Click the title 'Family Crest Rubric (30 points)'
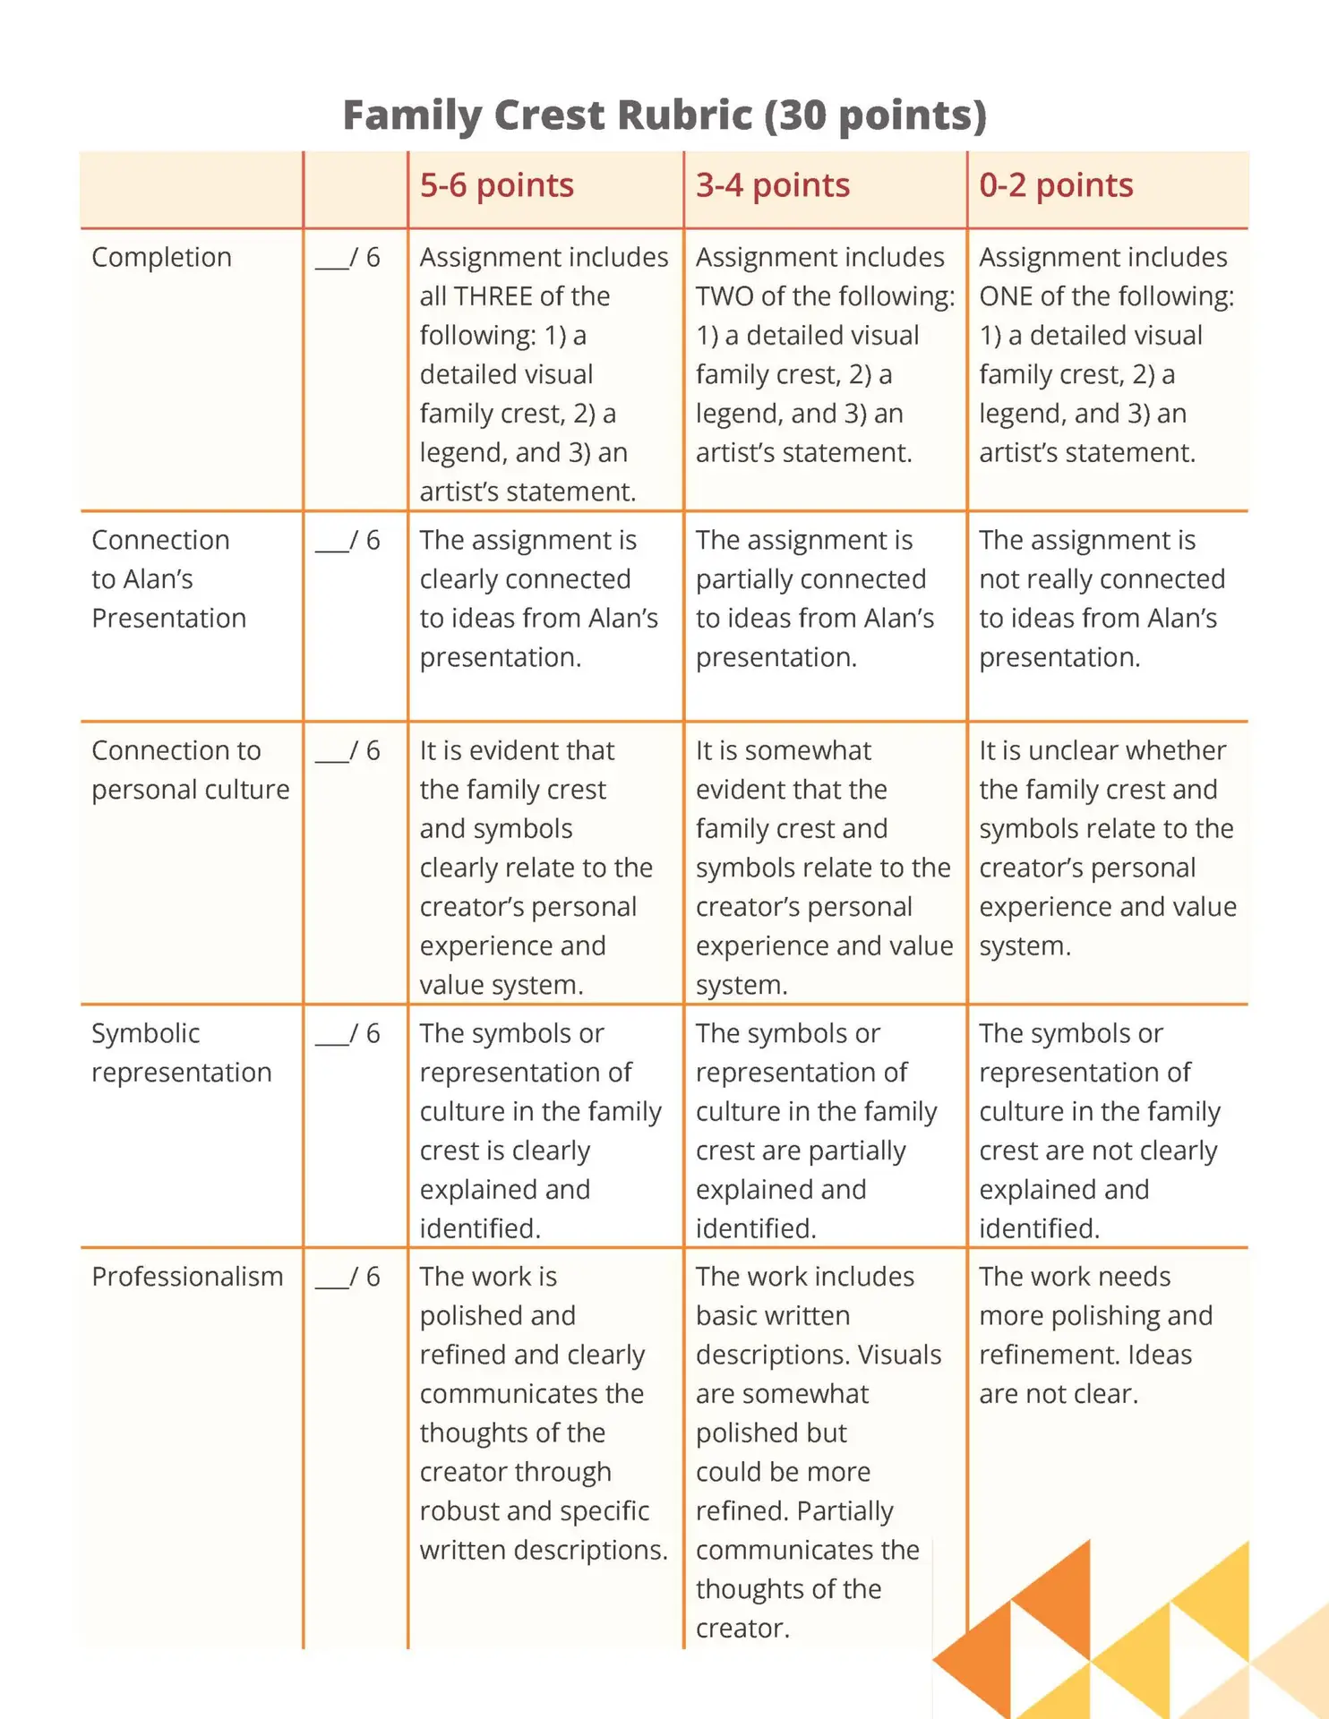pyautogui.click(x=664, y=115)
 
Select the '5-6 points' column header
pyautogui.click(x=496, y=185)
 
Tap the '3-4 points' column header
pyautogui.click(x=772, y=185)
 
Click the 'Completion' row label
pyautogui.click(x=161, y=258)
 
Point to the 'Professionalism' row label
pyautogui.click(x=187, y=1277)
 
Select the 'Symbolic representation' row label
pyautogui.click(x=181, y=1053)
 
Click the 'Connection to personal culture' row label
pyautogui.click(x=190, y=770)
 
